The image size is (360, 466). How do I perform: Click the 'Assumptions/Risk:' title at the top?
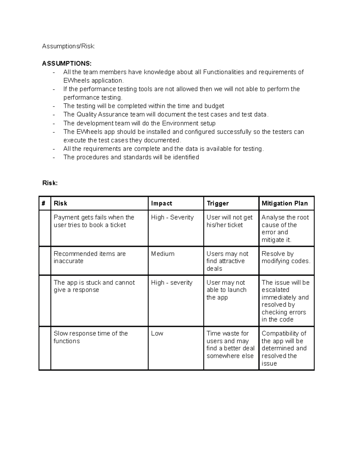pos(68,46)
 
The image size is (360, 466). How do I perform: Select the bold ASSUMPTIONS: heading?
pos(67,63)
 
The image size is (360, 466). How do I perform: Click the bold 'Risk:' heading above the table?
pos(50,183)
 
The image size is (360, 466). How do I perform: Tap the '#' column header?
pos(44,203)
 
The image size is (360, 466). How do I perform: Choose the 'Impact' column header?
pos(161,203)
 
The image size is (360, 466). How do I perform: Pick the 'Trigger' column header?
pos(217,203)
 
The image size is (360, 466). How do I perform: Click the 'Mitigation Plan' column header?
pos(284,203)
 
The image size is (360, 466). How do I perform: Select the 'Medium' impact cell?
pos(163,254)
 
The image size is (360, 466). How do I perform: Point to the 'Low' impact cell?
pos(157,333)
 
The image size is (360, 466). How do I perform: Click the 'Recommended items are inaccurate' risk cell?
pos(89,257)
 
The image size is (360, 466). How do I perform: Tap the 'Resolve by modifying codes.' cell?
pos(286,257)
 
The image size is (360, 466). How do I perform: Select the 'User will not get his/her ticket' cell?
pos(229,221)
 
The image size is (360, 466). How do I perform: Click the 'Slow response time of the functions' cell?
pos(90,337)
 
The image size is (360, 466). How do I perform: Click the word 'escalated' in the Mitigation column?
pos(275,290)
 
